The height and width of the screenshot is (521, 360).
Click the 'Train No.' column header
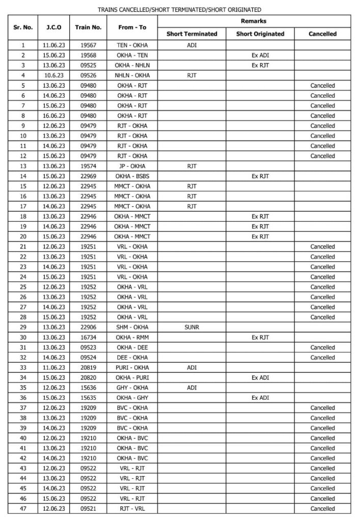tap(88, 28)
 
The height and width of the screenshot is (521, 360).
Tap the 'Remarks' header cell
tap(254, 21)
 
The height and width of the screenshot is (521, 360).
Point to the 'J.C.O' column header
tap(53, 28)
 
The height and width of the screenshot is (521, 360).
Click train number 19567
tap(88, 45)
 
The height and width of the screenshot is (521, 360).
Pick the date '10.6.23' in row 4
tap(53, 75)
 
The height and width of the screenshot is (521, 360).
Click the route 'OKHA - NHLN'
tap(132, 65)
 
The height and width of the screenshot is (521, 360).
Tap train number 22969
tap(88, 176)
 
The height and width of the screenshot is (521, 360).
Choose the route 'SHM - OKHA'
tap(132, 327)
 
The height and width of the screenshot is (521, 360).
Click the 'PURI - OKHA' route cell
tap(132, 367)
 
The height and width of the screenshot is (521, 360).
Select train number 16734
tap(88, 337)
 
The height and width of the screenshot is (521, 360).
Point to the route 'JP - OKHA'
tap(132, 166)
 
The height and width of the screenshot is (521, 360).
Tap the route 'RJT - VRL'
tap(132, 508)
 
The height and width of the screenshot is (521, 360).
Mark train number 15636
tap(88, 388)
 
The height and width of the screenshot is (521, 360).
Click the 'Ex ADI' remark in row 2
tap(260, 55)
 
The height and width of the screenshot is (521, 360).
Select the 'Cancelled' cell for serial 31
tap(322, 347)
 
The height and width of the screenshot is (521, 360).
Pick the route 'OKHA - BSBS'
tap(132, 176)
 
